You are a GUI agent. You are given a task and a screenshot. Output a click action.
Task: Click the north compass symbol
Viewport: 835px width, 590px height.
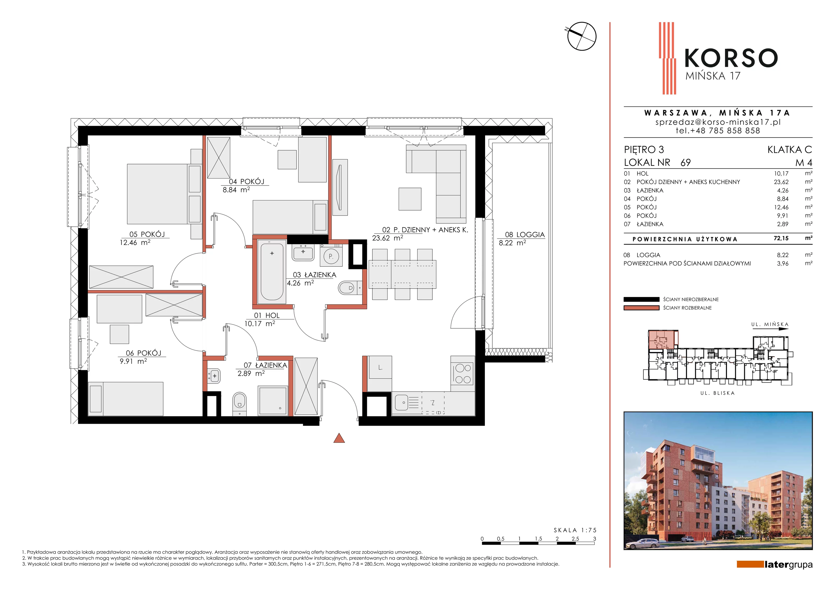tap(582, 36)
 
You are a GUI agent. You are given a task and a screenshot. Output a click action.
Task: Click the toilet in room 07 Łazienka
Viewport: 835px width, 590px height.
tap(239, 403)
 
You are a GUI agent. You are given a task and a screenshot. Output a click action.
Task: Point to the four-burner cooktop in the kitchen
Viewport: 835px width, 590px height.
tap(463, 374)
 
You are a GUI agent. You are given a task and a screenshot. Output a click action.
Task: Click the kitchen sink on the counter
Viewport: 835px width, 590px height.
tap(407, 403)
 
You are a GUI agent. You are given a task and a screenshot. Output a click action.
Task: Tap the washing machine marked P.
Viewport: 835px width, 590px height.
tap(331, 256)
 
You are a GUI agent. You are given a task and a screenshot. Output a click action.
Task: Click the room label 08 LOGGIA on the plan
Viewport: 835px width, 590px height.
tap(525, 235)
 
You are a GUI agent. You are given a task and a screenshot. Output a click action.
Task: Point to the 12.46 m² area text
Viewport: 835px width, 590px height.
tap(135, 242)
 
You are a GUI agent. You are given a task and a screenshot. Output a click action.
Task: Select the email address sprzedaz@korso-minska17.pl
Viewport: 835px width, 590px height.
tap(718, 122)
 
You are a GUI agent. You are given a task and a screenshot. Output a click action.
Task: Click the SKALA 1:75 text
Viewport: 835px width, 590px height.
tap(575, 530)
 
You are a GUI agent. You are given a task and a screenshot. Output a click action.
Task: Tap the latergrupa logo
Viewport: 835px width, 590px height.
tap(775, 564)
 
